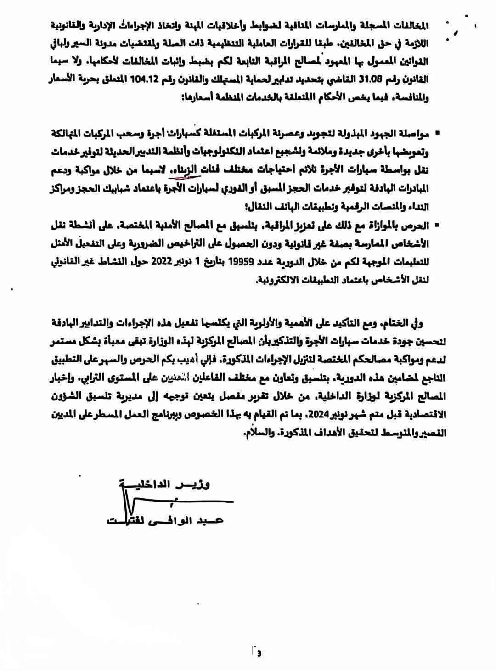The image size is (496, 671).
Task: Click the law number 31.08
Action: point(371,79)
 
